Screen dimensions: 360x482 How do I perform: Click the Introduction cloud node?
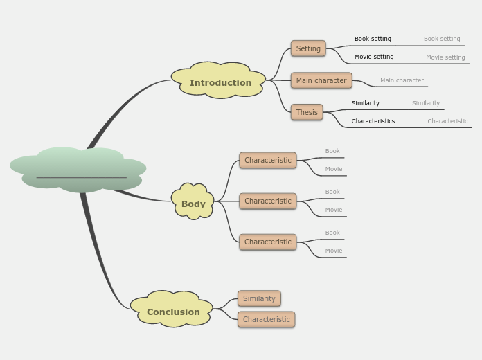pyautogui.click(x=220, y=83)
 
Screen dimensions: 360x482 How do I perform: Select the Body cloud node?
pyautogui.click(x=193, y=204)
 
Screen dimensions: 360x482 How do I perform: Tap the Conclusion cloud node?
pyautogui.click(x=173, y=312)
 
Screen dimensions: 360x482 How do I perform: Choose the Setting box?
pyautogui.click(x=308, y=48)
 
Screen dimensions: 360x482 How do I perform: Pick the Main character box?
pyautogui.click(x=321, y=80)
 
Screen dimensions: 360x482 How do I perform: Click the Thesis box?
pyautogui.click(x=307, y=112)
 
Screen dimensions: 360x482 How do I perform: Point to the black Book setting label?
pyautogui.click(x=373, y=39)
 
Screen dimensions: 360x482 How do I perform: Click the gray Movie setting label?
pyautogui.click(x=445, y=57)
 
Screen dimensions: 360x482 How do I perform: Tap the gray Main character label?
pyautogui.click(x=402, y=80)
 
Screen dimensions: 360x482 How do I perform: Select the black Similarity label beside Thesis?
pyautogui.click(x=365, y=103)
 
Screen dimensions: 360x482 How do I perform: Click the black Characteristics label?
pyautogui.click(x=373, y=121)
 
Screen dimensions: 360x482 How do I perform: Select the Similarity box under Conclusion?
pyautogui.click(x=259, y=298)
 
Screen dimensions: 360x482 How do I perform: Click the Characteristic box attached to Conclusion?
pyautogui.click(x=267, y=319)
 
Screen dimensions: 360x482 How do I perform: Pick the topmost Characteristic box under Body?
pyautogui.click(x=267, y=160)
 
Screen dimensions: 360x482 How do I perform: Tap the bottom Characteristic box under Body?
pyautogui.click(x=267, y=242)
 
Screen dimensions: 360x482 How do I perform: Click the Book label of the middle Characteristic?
pyautogui.click(x=332, y=192)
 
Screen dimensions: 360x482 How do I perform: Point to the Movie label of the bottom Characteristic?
pyautogui.click(x=334, y=251)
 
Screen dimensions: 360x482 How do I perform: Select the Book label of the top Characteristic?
pyautogui.click(x=332, y=151)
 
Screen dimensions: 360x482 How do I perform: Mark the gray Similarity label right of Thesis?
pyautogui.click(x=426, y=103)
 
